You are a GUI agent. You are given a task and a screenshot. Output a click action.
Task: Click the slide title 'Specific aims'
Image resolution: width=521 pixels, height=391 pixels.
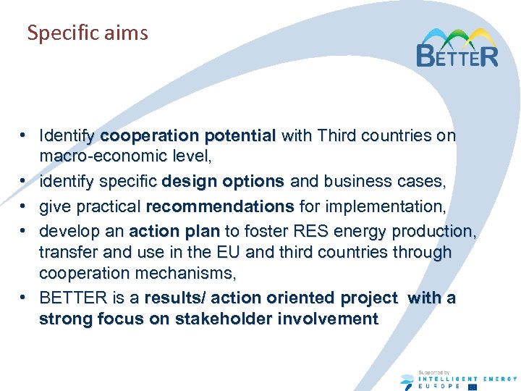coord(87,33)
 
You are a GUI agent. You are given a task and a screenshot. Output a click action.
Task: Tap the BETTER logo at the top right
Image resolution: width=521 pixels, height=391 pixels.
coord(457,48)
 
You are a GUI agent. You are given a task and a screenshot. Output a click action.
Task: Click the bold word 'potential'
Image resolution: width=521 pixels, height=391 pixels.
coord(240,135)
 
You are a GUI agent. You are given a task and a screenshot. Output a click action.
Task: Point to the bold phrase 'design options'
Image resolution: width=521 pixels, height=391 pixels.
coord(224,181)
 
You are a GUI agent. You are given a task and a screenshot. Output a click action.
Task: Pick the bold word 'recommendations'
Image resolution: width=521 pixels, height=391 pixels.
coord(220,206)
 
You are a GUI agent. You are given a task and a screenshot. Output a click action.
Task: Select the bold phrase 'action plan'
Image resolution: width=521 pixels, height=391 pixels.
coord(174,231)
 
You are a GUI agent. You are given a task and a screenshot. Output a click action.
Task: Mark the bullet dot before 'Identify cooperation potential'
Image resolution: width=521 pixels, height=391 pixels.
coord(24,135)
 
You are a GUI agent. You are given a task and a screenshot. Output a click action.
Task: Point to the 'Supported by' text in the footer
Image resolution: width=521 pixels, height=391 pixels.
coord(434,371)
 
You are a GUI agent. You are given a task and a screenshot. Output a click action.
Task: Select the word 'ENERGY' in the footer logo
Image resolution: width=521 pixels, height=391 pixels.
coord(500,379)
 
